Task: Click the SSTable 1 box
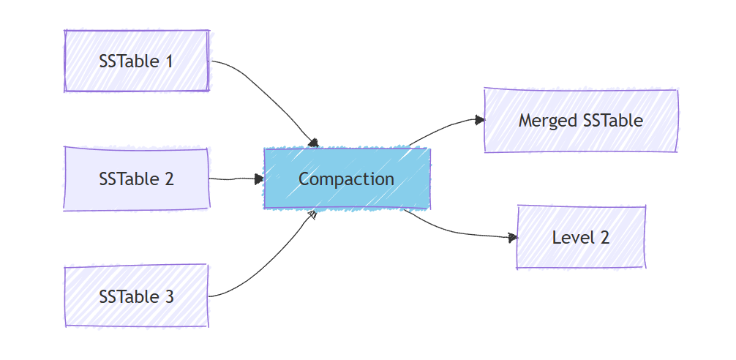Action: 137,61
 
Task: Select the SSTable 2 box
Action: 137,179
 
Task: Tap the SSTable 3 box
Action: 137,296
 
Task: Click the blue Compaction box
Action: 347,179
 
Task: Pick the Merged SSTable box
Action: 581,121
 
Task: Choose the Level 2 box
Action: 581,237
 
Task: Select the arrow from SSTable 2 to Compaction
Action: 234,179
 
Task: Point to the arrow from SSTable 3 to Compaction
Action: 271,263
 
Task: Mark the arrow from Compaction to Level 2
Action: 454,231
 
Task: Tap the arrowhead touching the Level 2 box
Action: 513,237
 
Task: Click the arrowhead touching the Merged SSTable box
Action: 479,120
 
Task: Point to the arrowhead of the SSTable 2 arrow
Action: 259,179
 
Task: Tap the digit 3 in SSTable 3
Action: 169,296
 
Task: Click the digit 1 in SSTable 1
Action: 169,61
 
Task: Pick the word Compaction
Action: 347,179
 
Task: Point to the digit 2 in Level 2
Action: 604,237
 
